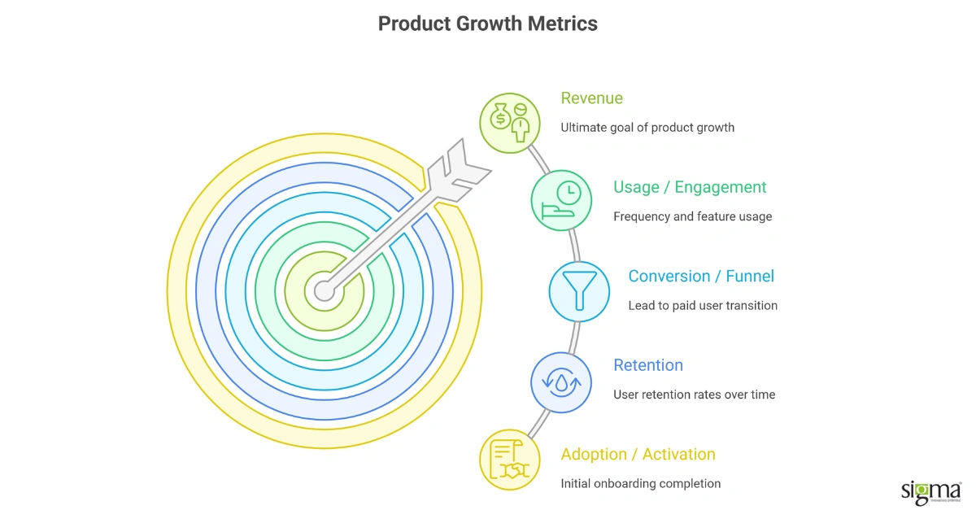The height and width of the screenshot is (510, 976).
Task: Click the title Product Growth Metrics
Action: pos(487,24)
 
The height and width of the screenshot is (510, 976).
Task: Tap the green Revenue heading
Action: pos(591,98)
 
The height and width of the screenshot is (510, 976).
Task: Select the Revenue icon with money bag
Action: pos(509,122)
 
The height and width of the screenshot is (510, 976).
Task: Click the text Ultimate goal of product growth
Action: pos(647,128)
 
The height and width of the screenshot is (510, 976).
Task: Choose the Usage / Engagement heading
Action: pos(690,187)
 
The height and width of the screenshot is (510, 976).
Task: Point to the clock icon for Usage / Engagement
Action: pos(562,200)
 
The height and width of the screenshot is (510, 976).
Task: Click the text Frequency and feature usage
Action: pos(692,216)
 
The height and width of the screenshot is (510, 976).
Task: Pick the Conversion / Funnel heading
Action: pos(700,277)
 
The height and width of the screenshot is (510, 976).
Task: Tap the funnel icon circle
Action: pos(579,290)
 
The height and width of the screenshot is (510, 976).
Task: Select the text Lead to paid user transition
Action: pos(703,306)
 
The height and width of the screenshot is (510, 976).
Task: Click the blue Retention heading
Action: pos(647,365)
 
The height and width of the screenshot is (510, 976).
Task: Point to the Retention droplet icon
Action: pos(561,381)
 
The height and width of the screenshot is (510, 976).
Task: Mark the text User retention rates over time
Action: pos(694,394)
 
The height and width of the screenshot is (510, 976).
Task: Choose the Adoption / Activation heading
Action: pos(638,454)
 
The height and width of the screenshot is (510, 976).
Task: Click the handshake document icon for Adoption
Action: pos(509,460)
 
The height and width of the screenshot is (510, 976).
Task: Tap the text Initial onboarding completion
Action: pos(640,483)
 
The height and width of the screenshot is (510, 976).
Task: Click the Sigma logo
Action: pos(930,490)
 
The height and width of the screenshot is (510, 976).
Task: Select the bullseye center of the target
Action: pos(324,290)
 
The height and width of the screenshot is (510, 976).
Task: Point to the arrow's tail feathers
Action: pos(462,169)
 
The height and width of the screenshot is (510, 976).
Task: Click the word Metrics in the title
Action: pos(563,24)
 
